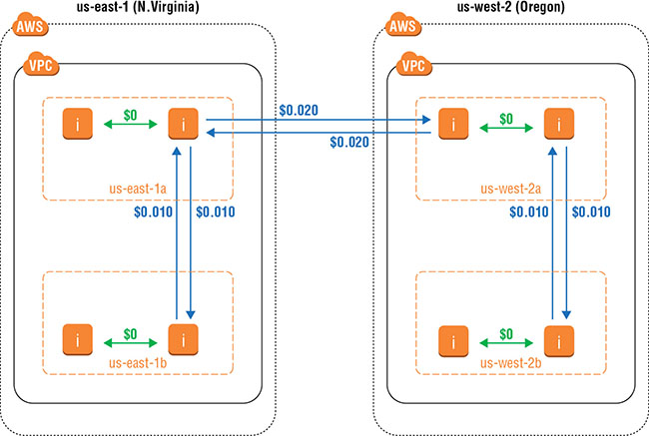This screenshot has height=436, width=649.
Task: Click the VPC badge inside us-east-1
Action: coord(38,67)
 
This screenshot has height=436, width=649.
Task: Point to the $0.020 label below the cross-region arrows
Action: coord(350,143)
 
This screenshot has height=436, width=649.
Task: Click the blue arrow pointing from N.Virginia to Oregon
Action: coord(320,120)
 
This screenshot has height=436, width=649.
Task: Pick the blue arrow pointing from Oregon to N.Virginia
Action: coord(320,131)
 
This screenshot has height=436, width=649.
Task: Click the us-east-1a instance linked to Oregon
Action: coord(181,124)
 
